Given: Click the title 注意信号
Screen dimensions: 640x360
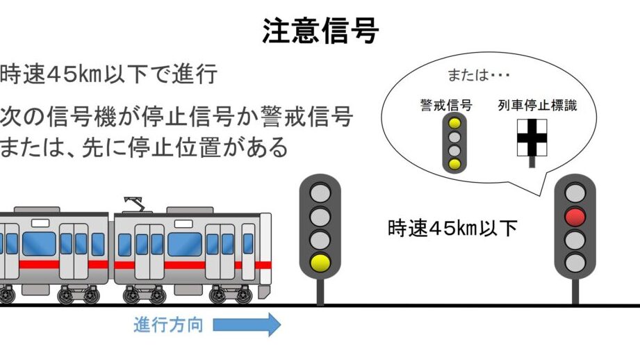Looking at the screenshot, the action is pos(320,31).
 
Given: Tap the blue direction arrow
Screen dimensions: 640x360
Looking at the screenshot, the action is pos(247,325).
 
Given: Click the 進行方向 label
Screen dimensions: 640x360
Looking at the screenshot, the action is pos(168,325).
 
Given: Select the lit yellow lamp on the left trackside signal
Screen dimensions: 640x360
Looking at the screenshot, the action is pos(320,263).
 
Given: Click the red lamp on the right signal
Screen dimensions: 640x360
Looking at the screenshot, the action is pos(575,217).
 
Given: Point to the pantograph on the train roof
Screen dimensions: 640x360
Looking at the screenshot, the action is pos(135,204).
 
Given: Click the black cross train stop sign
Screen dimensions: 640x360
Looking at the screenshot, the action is pos(532,138).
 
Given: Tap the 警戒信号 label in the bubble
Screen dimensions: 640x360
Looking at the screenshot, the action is pos(446,106).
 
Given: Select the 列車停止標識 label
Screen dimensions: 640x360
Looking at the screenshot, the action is pos(537,106).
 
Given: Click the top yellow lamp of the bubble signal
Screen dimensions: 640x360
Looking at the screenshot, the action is pos(454,123).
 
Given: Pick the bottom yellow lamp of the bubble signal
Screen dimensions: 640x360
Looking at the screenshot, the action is pos(454,164).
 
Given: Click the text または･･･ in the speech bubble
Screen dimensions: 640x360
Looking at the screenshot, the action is pos(478,75).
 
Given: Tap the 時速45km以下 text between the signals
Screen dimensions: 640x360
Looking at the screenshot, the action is pos(452,228).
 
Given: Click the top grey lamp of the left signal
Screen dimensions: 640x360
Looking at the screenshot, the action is pos(320,193).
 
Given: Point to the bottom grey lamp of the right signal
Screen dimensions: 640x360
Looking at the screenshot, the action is pos(575,263).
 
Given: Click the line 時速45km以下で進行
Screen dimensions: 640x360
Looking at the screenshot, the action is pos(108,74).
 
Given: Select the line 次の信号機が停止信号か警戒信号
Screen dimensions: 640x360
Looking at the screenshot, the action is pos(177,116).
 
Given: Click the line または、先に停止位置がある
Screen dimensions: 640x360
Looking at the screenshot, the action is pos(144,147).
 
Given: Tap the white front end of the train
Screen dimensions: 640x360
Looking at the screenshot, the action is pos(265,248).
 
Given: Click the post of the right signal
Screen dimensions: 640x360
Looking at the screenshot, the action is pos(575,291).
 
